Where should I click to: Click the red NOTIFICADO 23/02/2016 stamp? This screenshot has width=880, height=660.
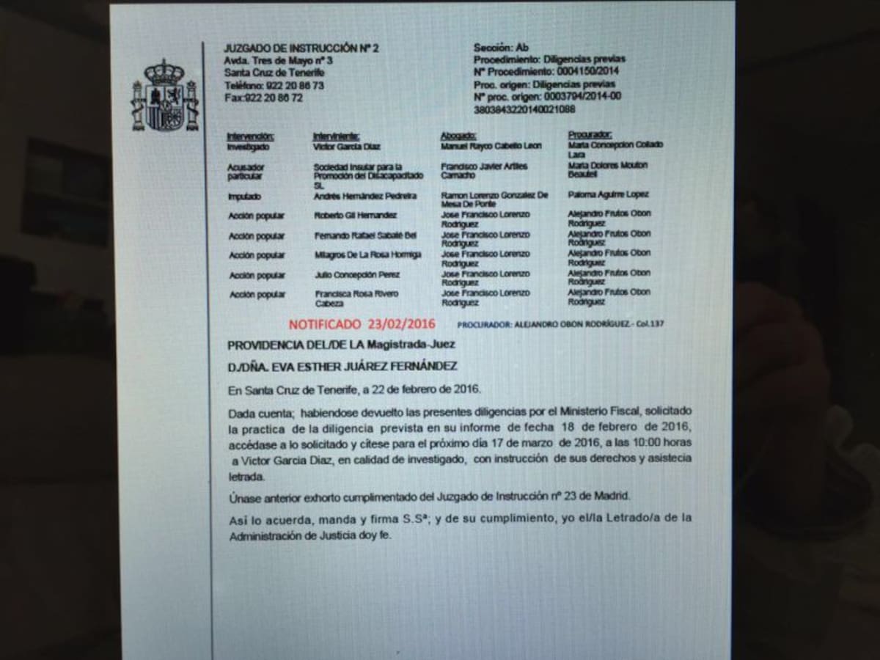(x=362, y=323)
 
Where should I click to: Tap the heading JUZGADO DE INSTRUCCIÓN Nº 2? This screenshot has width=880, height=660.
(x=301, y=48)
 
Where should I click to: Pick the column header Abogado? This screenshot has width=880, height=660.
(x=458, y=136)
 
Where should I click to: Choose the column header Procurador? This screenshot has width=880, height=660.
(x=590, y=135)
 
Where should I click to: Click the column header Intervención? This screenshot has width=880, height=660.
(x=250, y=136)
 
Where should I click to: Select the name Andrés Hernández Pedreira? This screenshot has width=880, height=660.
(x=365, y=196)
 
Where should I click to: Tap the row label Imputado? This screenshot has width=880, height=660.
(x=243, y=197)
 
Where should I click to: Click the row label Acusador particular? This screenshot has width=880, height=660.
(x=246, y=172)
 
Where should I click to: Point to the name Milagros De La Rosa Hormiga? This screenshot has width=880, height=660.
(x=367, y=254)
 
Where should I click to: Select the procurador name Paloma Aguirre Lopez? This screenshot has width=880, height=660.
(x=608, y=195)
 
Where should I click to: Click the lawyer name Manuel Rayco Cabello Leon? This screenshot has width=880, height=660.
(x=491, y=146)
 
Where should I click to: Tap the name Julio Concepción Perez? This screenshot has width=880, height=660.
(x=356, y=274)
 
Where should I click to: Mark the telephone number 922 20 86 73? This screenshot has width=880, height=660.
(x=294, y=85)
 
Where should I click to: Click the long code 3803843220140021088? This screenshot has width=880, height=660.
(x=524, y=109)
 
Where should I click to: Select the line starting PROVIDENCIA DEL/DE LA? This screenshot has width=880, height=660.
(x=341, y=344)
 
